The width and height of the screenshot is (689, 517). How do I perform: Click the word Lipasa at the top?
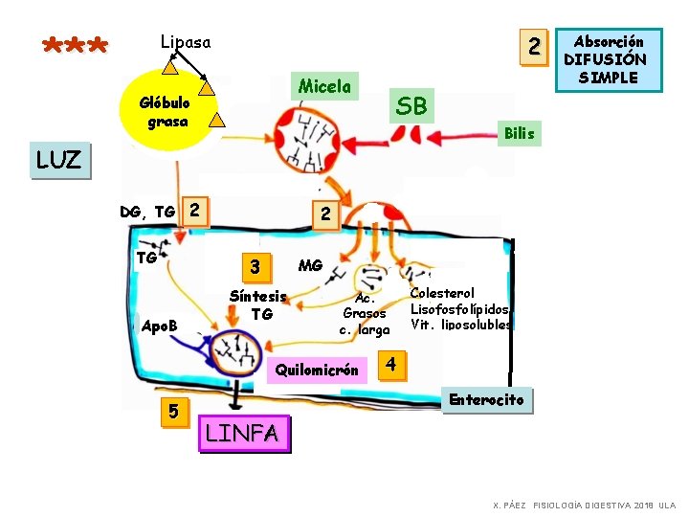(x=186, y=42)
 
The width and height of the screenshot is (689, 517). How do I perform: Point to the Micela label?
(x=324, y=86)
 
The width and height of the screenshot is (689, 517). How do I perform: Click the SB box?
(x=411, y=105)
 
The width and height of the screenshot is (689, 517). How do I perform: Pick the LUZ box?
(x=58, y=161)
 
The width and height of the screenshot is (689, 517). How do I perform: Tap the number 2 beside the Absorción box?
(x=535, y=45)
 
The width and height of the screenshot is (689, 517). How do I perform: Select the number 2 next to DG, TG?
(x=194, y=209)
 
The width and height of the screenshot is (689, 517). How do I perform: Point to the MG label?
(x=310, y=265)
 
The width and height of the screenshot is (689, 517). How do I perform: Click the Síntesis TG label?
(x=257, y=304)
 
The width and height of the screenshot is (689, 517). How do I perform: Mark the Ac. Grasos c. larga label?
(x=365, y=313)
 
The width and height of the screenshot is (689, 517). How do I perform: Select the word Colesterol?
(x=442, y=293)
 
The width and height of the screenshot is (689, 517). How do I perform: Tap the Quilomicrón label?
(x=317, y=370)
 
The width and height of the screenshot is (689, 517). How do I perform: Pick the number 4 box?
(x=390, y=365)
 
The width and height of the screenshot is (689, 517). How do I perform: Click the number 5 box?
(x=172, y=412)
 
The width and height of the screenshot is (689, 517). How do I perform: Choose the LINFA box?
(x=243, y=434)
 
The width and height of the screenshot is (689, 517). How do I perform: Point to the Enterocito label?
(x=487, y=400)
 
